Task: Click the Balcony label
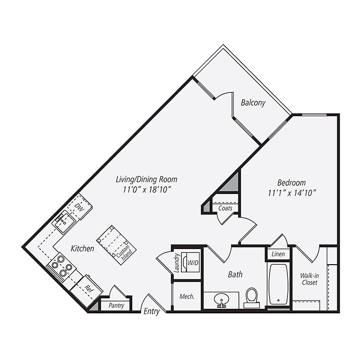click(253, 103)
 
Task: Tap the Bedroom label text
click(291, 183)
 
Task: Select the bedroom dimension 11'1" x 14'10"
click(292, 193)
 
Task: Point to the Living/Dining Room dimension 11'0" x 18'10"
click(146, 189)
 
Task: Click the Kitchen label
click(82, 249)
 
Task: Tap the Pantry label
click(116, 306)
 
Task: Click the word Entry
click(151, 312)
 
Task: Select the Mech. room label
click(187, 296)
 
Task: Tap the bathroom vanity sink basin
click(221, 298)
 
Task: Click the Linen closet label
click(278, 254)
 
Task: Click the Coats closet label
click(225, 208)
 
